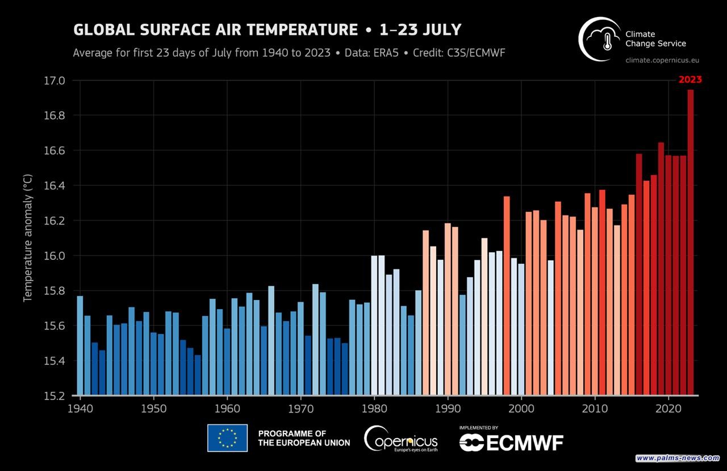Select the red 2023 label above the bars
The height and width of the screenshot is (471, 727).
click(x=690, y=80)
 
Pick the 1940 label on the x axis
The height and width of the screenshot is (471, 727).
click(x=80, y=408)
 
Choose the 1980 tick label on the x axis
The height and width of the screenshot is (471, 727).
click(x=374, y=408)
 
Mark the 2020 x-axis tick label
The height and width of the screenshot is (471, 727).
click(x=668, y=408)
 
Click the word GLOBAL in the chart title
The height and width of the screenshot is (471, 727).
click(x=100, y=30)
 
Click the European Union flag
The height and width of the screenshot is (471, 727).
click(x=227, y=438)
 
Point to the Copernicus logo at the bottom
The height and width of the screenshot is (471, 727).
click(x=401, y=439)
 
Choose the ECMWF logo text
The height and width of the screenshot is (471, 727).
click(x=511, y=441)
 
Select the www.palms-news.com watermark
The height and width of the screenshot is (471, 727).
click(x=678, y=458)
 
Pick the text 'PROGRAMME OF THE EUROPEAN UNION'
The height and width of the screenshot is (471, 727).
click(x=304, y=438)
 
